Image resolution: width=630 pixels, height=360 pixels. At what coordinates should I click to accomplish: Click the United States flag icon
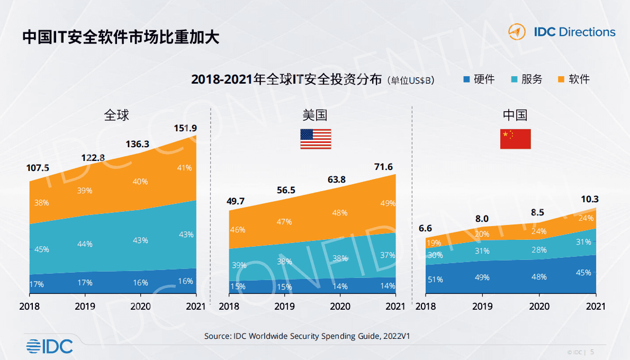316,139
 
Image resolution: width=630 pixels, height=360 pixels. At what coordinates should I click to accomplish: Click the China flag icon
515,139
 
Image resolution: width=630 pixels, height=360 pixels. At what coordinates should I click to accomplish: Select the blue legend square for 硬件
466,80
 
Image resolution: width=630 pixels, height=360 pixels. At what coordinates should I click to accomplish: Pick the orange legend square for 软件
561,80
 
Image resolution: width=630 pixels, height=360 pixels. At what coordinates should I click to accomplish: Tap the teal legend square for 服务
514,80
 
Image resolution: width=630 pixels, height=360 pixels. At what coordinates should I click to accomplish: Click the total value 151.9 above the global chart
185,128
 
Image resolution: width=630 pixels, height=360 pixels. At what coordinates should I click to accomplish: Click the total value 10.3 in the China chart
589,199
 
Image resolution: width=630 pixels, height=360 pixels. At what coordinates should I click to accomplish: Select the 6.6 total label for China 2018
425,228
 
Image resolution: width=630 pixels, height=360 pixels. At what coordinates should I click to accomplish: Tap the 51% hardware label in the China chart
435,280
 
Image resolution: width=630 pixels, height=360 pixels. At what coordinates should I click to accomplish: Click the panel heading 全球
116,115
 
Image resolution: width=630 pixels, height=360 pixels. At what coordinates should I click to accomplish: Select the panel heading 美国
316,115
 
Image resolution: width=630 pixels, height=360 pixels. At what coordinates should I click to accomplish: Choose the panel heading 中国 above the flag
515,115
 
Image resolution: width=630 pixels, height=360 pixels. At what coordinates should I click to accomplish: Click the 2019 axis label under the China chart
482,307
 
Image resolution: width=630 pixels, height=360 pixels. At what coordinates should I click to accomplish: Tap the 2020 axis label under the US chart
340,307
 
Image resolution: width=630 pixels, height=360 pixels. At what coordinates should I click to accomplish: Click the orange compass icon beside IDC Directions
517,32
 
